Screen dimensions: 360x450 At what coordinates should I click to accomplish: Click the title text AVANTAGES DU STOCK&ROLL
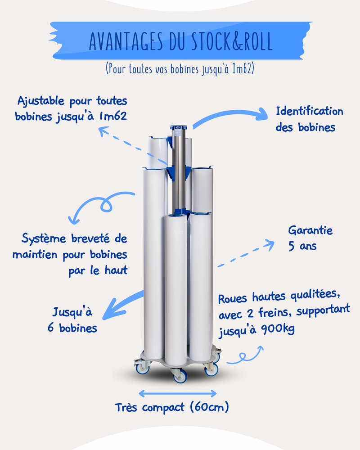tap(180, 41)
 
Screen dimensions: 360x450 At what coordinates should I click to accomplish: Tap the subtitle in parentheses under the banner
tap(180, 68)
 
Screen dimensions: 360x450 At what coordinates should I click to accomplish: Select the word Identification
tap(310, 111)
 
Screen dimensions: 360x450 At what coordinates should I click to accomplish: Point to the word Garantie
tap(310, 230)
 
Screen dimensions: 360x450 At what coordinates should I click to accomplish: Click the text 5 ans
tap(302, 246)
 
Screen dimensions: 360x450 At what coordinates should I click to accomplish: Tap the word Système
tap(44, 238)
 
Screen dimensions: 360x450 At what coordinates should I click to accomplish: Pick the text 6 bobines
tap(72, 328)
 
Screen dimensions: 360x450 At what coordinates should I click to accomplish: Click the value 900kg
tap(278, 329)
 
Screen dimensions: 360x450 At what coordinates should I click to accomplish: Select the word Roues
tap(233, 299)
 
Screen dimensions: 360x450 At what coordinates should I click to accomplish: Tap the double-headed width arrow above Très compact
tap(178, 393)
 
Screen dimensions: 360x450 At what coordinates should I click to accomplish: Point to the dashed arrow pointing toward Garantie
tap(246, 253)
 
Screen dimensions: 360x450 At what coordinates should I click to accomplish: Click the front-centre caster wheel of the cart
tap(180, 376)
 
